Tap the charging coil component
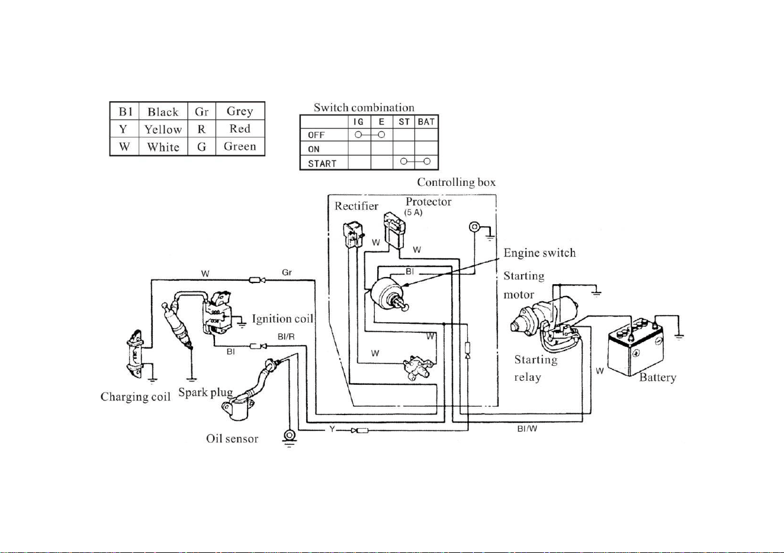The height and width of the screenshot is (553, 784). pos(135,354)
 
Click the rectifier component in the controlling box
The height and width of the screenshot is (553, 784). pos(353,234)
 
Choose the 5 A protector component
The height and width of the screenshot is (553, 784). pos(394,230)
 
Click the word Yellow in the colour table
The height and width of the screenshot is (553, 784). pos(163,130)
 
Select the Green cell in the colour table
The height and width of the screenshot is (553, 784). pos(240,146)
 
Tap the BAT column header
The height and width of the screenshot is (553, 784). pos(426,122)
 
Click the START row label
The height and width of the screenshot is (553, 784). pos(322,163)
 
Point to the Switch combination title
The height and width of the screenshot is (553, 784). pos(364,107)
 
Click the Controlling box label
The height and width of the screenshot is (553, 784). pos(457,182)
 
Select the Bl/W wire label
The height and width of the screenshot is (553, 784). pos(527,429)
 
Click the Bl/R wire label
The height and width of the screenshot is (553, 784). pos(286,337)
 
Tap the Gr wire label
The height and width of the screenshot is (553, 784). pos(287,272)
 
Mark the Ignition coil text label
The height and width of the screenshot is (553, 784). pos(282,319)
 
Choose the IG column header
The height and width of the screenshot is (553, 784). pos(358,122)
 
